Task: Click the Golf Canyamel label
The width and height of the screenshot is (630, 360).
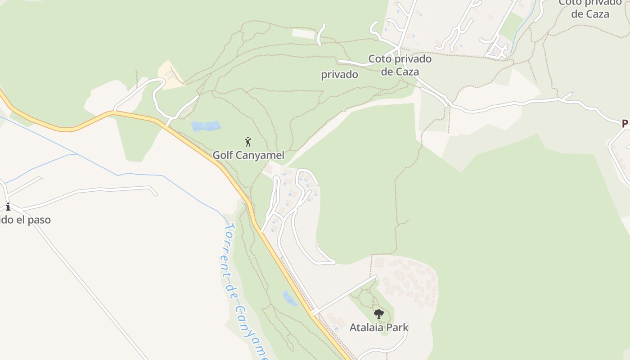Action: pyautogui.click(x=248, y=155)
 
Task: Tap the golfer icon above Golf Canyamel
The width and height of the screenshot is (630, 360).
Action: pyautogui.click(x=248, y=142)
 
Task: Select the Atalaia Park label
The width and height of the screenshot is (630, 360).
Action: pyautogui.click(x=379, y=327)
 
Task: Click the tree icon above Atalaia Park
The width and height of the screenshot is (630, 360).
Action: pyautogui.click(x=379, y=314)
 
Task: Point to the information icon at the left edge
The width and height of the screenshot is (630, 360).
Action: pyautogui.click(x=8, y=207)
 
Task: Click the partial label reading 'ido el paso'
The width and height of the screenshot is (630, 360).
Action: pyautogui.click(x=25, y=220)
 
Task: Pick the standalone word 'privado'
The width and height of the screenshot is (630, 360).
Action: pyautogui.click(x=339, y=75)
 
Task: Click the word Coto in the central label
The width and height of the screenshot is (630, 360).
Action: pyautogui.click(x=379, y=59)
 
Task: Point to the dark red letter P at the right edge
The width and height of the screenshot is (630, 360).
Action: pyautogui.click(x=625, y=123)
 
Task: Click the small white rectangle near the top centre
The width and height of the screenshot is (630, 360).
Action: pyautogui.click(x=304, y=33)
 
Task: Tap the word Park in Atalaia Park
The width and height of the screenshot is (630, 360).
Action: pyautogui.click(x=396, y=327)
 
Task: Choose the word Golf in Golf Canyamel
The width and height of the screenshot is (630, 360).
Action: pyautogui.click(x=222, y=155)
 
